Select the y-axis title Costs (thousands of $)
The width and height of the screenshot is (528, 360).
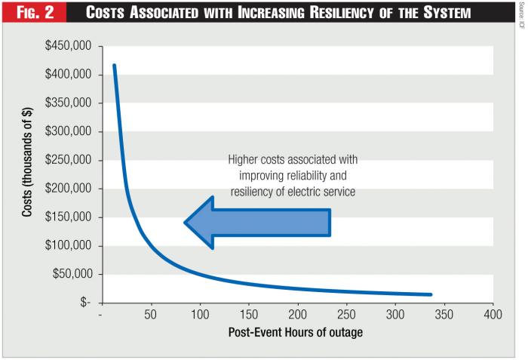(x=26, y=175)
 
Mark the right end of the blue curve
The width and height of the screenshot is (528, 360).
(x=431, y=294)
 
